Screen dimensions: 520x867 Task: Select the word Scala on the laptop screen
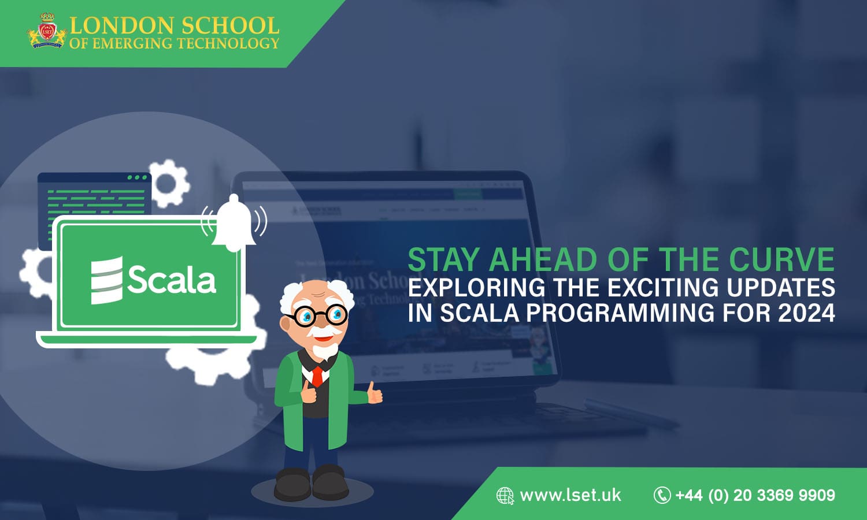click(172, 280)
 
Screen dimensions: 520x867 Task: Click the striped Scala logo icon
click(107, 280)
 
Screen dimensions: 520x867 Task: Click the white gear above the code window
click(167, 183)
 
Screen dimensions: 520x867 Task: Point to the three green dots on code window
click(137, 177)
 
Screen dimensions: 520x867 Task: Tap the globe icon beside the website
click(505, 496)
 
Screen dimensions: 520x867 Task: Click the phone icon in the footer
click(662, 495)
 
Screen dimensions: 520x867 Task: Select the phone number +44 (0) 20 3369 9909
click(755, 495)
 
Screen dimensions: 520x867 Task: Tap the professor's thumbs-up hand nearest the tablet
click(375, 394)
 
